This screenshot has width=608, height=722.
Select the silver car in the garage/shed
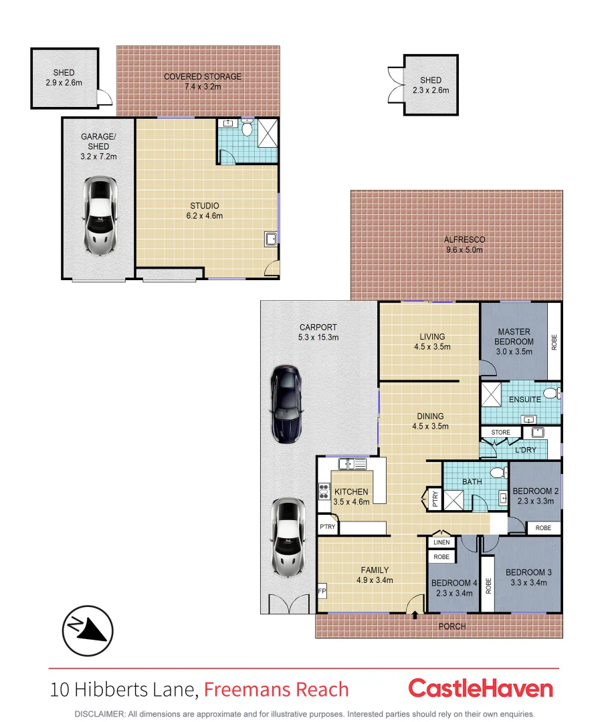point(98,216)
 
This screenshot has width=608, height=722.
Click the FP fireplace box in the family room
point(322,592)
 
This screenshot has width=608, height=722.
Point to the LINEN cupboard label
point(441,542)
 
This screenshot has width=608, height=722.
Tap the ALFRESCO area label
point(464,239)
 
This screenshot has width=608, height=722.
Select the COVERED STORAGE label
point(203,77)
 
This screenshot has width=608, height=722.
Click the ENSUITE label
point(525,400)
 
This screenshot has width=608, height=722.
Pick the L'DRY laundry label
point(526,450)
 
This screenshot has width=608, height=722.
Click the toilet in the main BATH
point(497,473)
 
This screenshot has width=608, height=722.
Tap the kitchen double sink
point(352,463)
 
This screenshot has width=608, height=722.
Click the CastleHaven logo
point(480,689)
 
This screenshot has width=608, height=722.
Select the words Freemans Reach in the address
point(276,689)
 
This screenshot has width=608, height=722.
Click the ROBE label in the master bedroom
point(554,342)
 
